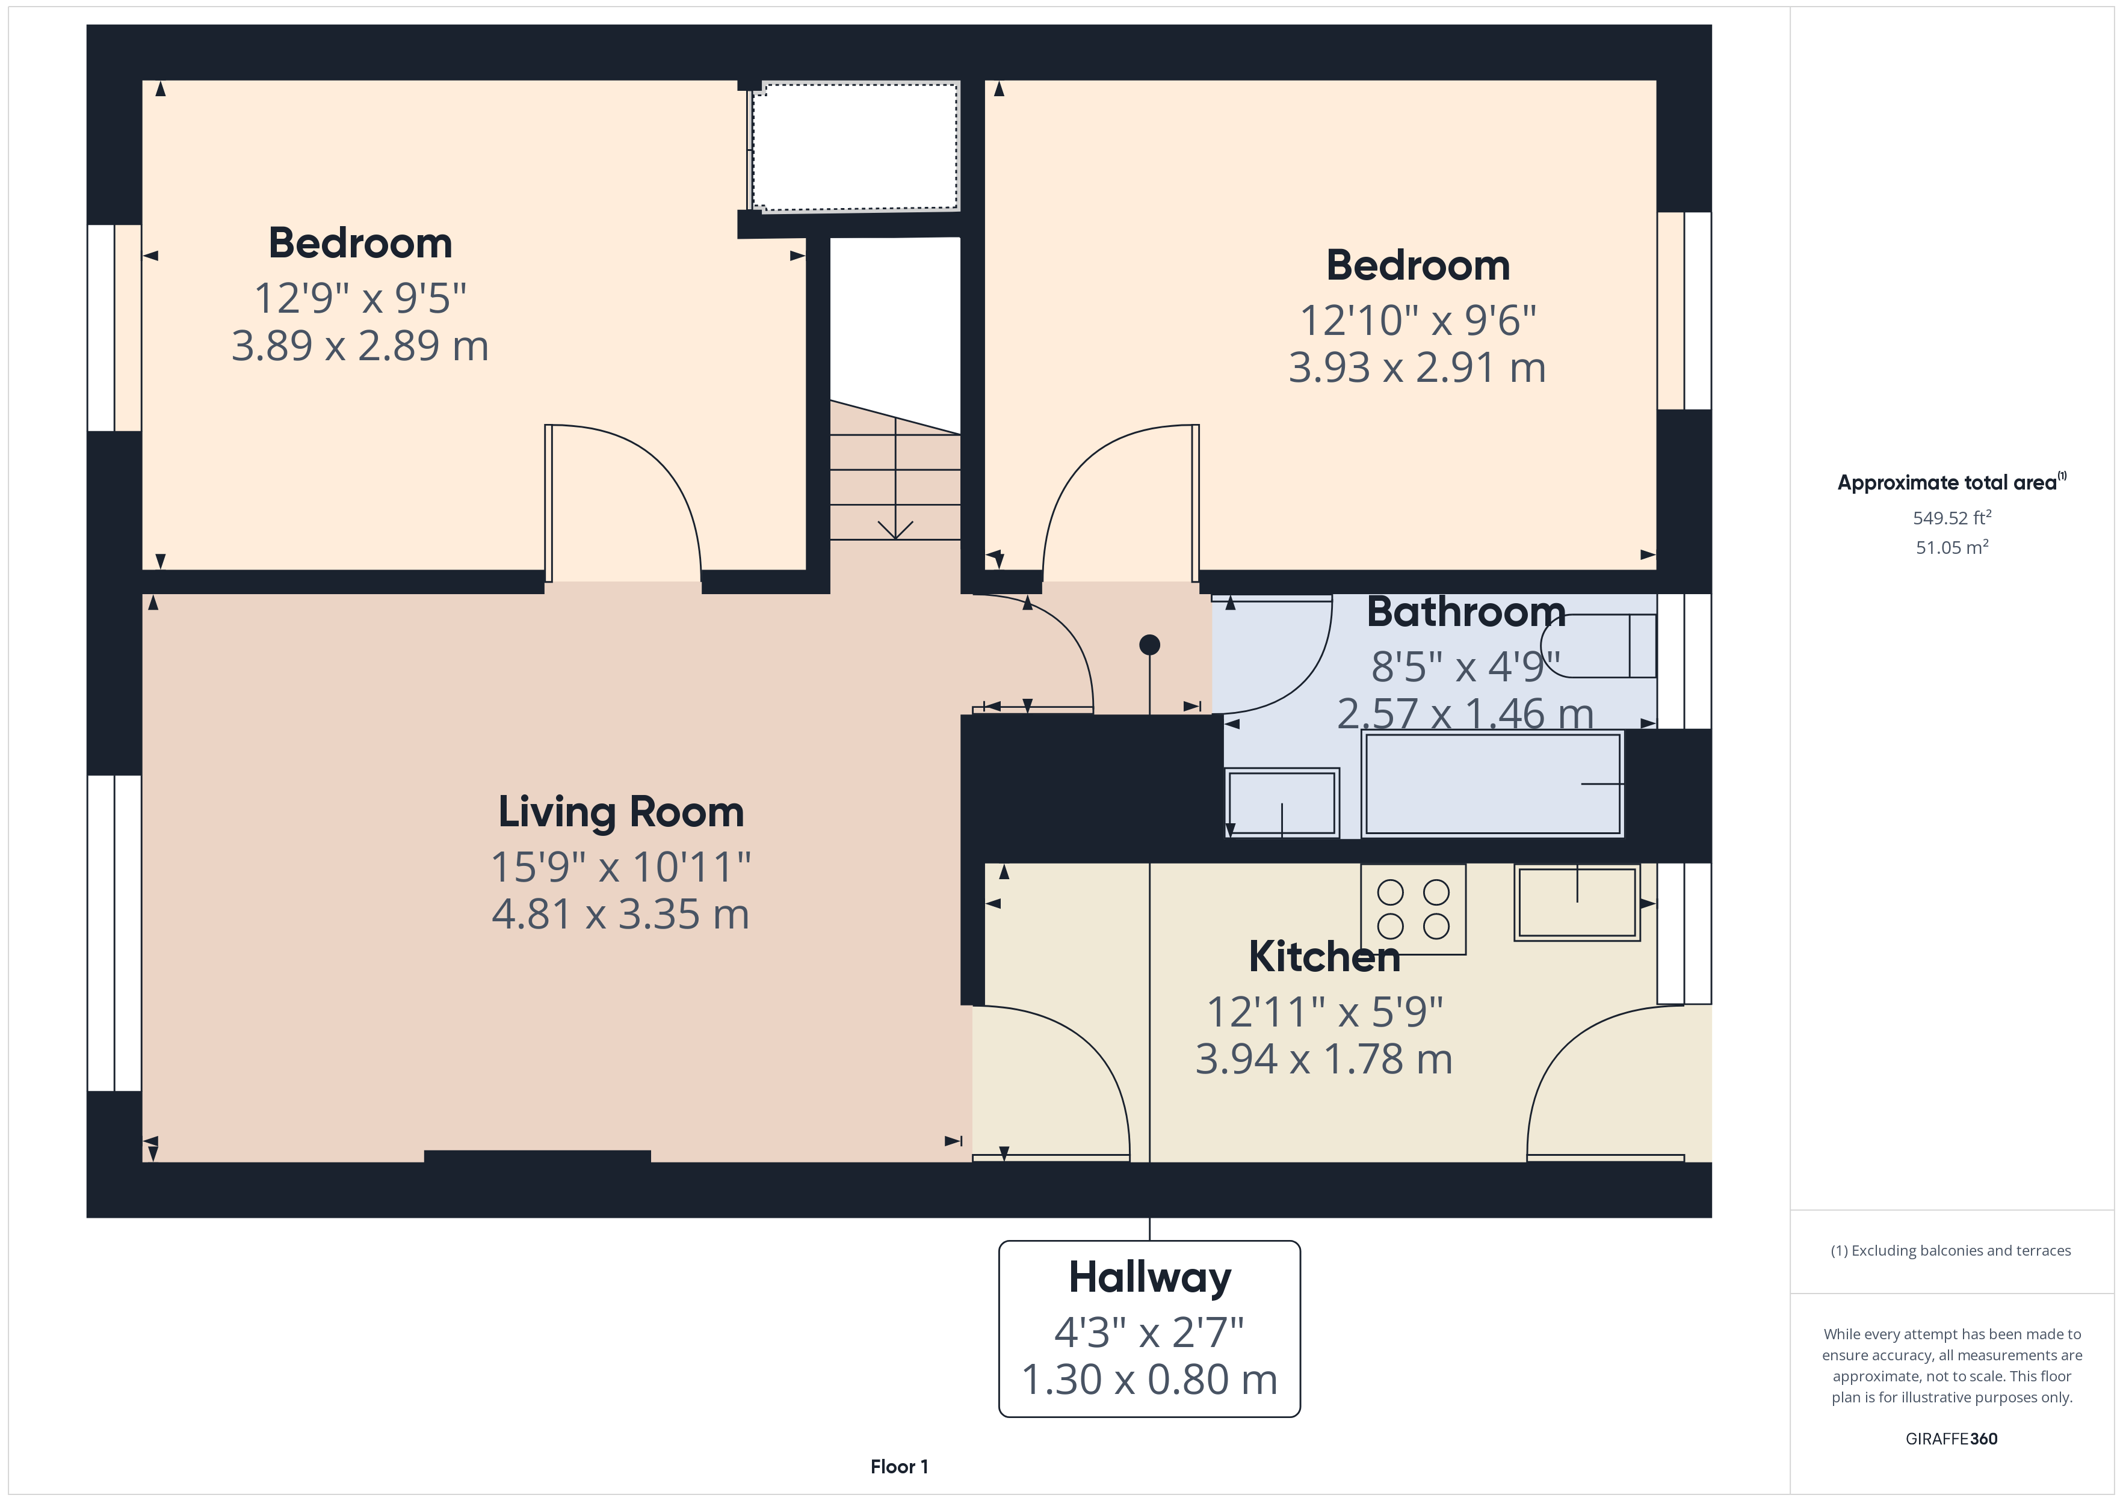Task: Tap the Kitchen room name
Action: click(1324, 957)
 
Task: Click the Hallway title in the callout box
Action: click(1149, 1278)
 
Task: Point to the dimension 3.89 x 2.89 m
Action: click(360, 346)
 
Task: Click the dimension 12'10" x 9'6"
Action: click(1418, 321)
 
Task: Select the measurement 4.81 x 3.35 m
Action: click(620, 914)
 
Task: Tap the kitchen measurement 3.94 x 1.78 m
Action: click(1324, 1059)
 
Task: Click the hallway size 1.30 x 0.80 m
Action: click(1149, 1380)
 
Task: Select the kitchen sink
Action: click(1577, 902)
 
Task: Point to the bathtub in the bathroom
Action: click(1492, 784)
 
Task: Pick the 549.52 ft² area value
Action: click(1952, 518)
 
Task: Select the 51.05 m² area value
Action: click(1952, 547)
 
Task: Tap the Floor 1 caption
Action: click(899, 1467)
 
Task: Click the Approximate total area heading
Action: click(1951, 482)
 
